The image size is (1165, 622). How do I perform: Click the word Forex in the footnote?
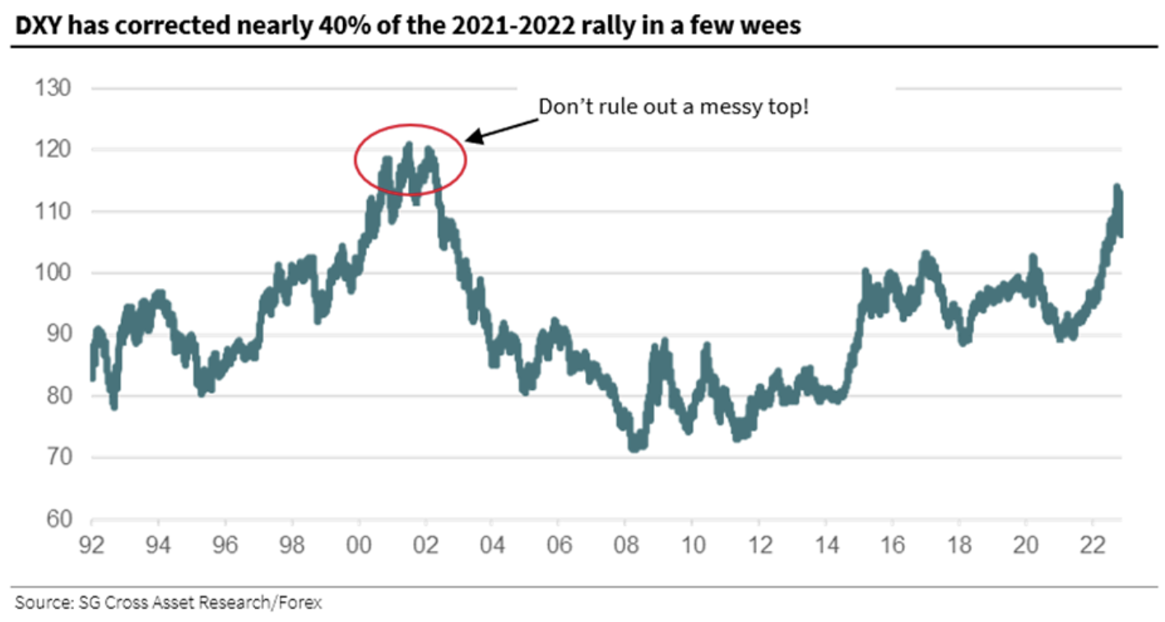tap(299, 603)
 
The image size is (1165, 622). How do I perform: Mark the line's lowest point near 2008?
tap(634, 448)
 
